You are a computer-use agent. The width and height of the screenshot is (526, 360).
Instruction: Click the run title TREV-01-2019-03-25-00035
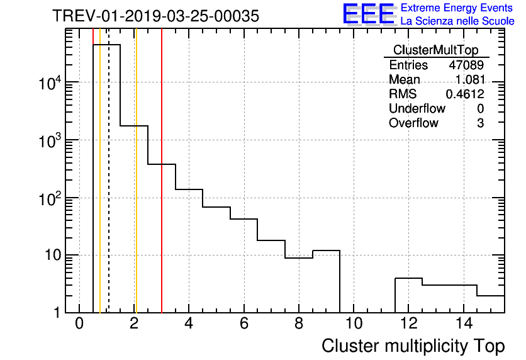click(x=155, y=16)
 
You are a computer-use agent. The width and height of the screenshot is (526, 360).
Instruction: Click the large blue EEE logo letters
click(x=369, y=14)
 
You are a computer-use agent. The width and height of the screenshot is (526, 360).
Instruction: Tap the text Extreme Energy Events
click(x=457, y=8)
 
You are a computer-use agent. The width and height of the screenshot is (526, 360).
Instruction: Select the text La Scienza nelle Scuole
click(x=457, y=21)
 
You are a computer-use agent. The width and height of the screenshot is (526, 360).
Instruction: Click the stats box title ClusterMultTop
click(x=435, y=50)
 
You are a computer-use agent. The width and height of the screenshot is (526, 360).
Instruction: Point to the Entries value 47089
click(x=466, y=65)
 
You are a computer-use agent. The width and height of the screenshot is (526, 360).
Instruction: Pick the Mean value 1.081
click(x=469, y=79)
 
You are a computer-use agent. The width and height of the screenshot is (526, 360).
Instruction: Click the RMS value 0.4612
click(x=465, y=94)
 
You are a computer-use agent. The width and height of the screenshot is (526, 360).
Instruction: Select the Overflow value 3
click(x=480, y=123)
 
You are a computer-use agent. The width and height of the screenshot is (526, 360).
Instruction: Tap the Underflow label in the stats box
click(x=417, y=108)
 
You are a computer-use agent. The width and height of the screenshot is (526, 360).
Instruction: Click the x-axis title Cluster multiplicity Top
click(x=413, y=346)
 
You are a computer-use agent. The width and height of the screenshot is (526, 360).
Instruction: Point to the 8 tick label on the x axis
click(x=299, y=323)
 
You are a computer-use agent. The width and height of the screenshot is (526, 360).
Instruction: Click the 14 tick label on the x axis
click(x=464, y=323)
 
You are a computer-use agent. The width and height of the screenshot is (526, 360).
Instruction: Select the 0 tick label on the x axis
click(x=79, y=323)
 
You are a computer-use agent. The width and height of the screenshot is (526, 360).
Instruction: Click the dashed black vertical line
click(x=109, y=189)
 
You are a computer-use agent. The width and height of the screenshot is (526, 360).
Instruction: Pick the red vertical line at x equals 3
click(x=162, y=189)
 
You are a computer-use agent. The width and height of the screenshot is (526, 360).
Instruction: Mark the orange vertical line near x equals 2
click(x=135, y=189)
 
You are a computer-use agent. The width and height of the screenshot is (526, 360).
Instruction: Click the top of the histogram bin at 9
click(x=326, y=250)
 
